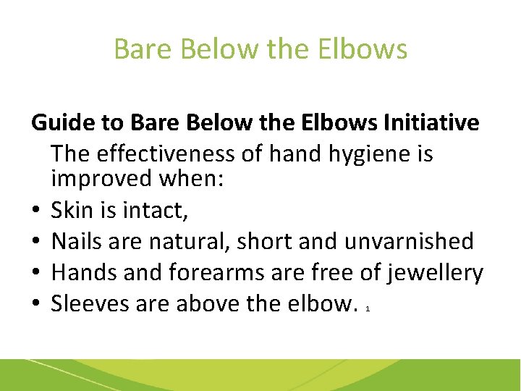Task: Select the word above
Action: pos(208,303)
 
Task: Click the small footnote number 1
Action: pos(368,309)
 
